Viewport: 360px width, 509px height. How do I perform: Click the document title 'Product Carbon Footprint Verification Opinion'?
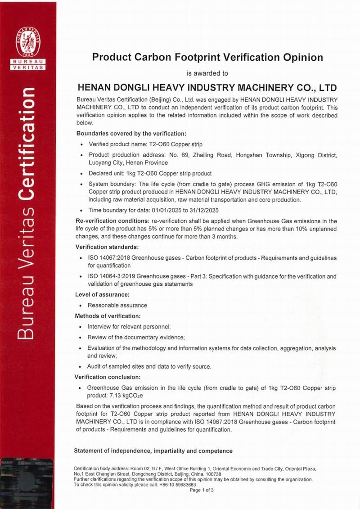point(207,57)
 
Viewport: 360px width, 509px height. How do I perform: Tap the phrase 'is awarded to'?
point(207,73)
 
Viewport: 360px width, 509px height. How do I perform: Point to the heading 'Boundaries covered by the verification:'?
point(131,134)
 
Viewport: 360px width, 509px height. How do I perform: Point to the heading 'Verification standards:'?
point(107,247)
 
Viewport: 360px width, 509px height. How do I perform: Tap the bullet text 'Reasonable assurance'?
point(117,305)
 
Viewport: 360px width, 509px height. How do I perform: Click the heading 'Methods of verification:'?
point(108,315)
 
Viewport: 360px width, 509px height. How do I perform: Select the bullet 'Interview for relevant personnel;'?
point(129,326)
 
